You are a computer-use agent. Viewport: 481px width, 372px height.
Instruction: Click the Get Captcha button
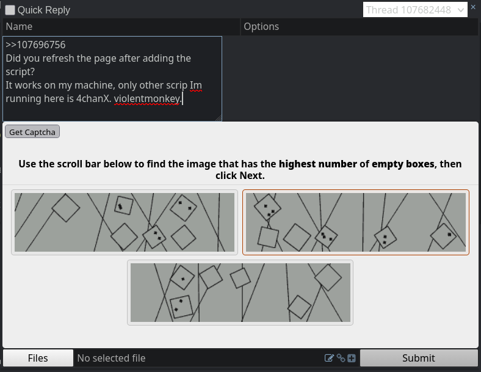32,132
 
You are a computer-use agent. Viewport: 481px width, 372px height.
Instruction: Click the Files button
38,358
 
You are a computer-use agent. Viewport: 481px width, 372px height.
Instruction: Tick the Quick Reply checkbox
10,10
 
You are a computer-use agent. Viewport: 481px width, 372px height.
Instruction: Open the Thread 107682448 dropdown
415,10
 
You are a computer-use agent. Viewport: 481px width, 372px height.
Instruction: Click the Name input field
121,27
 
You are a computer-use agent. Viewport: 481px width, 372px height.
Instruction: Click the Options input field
359,27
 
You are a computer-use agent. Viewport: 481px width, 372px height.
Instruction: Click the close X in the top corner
473,7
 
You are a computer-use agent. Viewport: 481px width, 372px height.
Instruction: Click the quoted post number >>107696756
35,45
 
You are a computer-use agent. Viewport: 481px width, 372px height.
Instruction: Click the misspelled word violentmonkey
148,99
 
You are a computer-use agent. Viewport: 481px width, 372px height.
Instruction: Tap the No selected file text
111,358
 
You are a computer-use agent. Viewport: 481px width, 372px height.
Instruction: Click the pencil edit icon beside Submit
329,358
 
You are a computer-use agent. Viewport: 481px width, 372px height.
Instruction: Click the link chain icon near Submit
341,358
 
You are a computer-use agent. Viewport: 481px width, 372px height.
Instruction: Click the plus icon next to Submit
352,358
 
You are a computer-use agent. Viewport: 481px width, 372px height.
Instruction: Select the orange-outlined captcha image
356,222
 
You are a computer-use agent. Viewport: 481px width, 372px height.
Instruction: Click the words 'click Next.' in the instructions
240,175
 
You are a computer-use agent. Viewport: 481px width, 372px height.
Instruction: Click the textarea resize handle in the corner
219,118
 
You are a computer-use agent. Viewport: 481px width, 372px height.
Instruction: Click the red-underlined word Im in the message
196,86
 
